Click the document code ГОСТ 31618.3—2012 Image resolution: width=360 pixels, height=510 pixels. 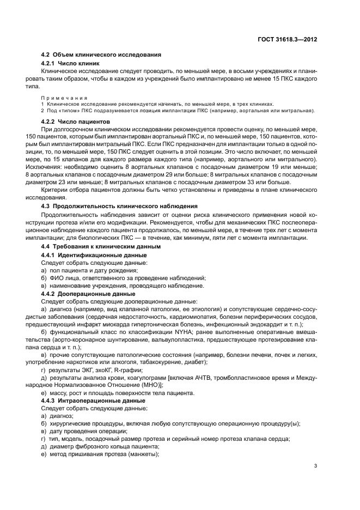click(289, 40)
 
